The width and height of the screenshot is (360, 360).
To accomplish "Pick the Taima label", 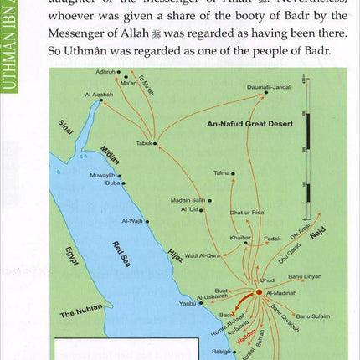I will (221, 173).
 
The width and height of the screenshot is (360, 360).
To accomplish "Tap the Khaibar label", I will (240, 239).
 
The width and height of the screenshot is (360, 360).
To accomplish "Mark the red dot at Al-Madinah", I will (259, 292).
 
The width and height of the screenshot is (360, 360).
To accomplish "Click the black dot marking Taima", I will (233, 174).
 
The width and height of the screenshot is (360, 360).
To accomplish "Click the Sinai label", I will (65, 127).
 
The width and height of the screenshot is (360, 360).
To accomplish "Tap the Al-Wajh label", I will (132, 221).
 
